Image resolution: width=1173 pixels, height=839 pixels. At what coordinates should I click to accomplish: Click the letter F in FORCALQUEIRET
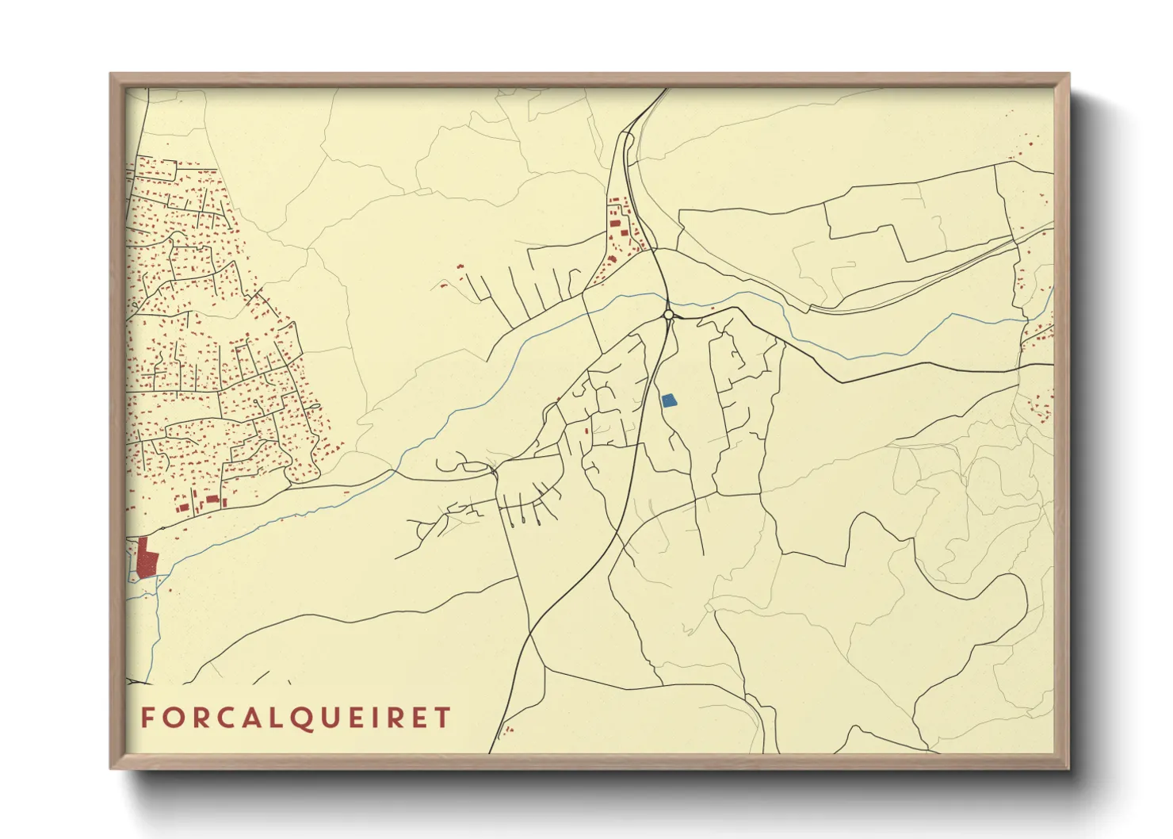[x=147, y=718]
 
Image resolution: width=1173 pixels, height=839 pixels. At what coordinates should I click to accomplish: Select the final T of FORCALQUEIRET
[x=442, y=718]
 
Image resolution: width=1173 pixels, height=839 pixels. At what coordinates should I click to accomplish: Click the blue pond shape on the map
[x=669, y=400]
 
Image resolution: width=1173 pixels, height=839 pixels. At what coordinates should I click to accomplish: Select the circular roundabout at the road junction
[x=668, y=315]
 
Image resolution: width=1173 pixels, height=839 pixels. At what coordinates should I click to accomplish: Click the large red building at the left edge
[x=147, y=557]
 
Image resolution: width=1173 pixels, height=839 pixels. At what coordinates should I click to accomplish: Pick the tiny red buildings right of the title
[x=508, y=728]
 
